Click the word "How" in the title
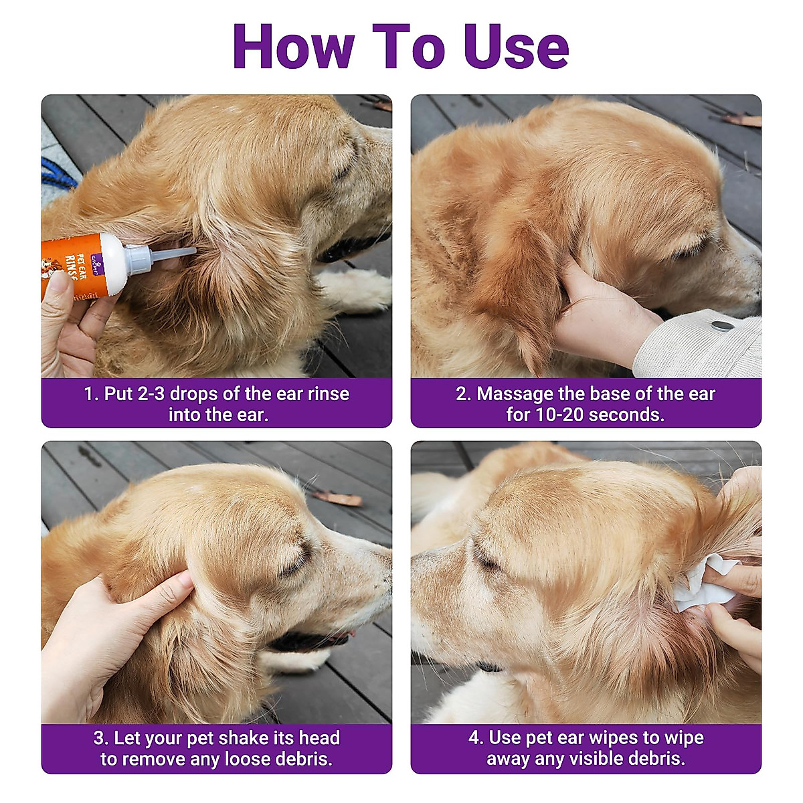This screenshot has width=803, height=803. (294, 46)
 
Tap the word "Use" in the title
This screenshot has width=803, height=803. (517, 46)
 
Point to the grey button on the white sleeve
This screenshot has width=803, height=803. (721, 325)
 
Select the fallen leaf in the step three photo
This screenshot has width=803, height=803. (337, 499)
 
